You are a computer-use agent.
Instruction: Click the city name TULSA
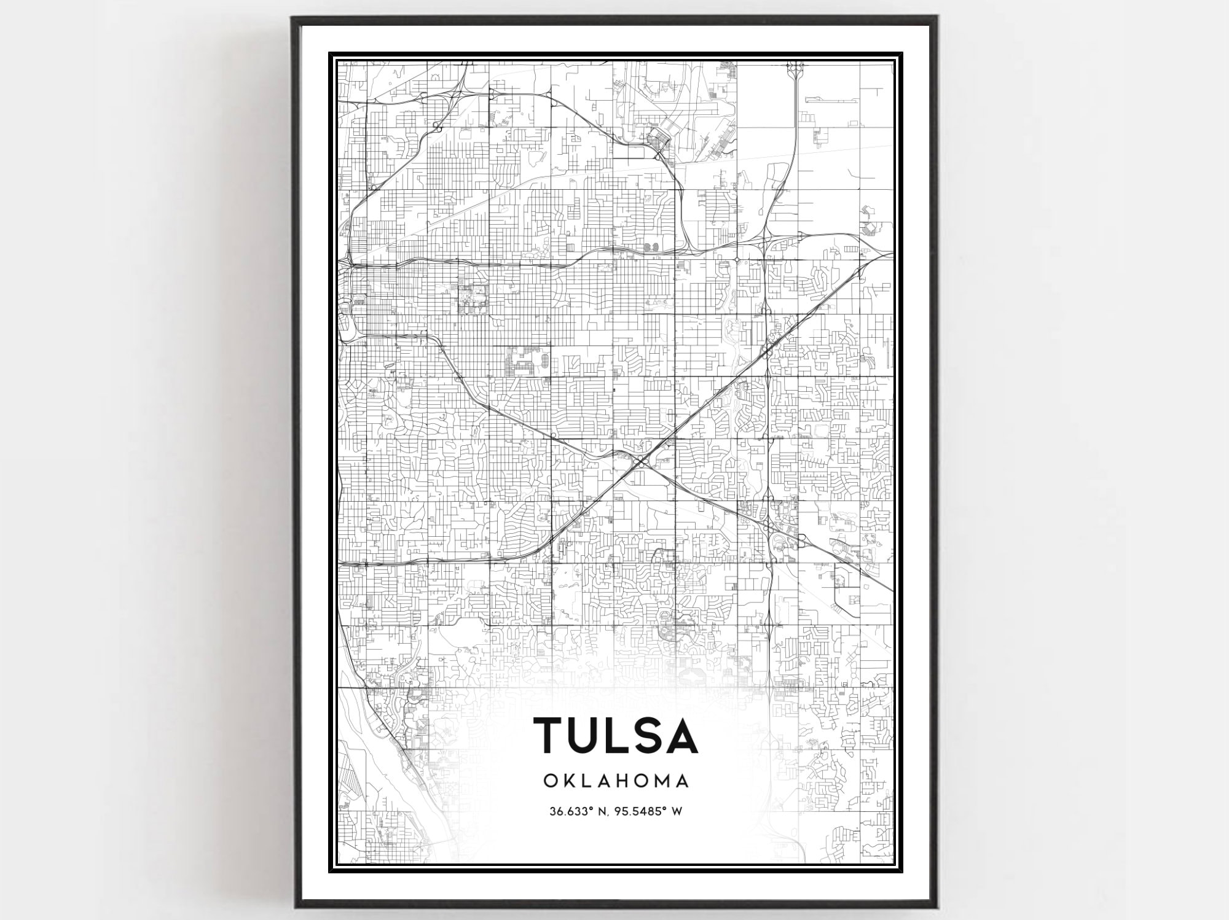(616, 735)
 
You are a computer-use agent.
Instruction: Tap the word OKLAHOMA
(616, 781)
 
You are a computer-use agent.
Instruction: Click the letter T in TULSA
(552, 735)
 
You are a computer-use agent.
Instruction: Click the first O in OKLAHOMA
(550, 781)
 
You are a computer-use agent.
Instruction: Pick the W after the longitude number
(677, 811)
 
